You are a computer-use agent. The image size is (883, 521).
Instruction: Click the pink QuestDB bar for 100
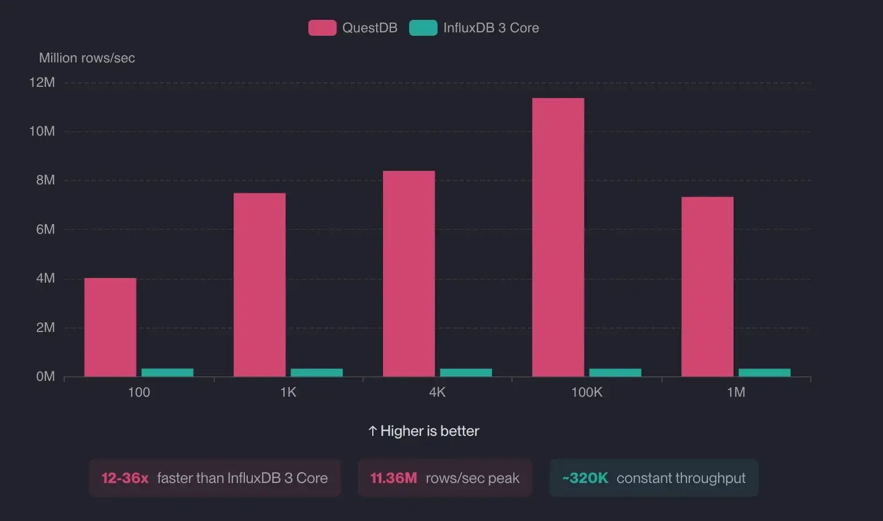pos(110,327)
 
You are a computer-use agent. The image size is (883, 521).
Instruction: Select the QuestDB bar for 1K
pos(260,284)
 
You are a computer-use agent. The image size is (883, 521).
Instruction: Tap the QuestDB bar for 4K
pos(409,274)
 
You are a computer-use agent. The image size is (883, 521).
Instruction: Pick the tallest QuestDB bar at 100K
pos(558,237)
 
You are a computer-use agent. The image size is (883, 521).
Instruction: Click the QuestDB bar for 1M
pos(707,287)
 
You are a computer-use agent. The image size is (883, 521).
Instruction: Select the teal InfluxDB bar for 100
pos(168,373)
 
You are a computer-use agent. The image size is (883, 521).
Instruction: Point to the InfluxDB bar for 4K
pos(466,373)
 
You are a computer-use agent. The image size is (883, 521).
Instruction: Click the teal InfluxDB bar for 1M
pos(764,373)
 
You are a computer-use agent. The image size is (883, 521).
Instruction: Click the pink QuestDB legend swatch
pos(322,28)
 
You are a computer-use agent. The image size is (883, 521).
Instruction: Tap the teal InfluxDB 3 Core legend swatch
pos(423,28)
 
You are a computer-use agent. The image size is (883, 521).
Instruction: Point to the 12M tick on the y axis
pos(42,82)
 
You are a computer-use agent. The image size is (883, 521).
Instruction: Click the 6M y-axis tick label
pos(45,229)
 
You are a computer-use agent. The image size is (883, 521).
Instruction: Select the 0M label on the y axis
pos(45,376)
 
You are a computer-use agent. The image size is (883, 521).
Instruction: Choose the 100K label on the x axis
pos(586,392)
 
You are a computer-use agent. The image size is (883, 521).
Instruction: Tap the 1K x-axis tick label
pos(288,392)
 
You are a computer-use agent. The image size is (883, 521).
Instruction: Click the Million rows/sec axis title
pos(87,58)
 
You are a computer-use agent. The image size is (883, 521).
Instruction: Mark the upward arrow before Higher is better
pos(373,431)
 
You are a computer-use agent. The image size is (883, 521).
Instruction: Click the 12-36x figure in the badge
pos(125,478)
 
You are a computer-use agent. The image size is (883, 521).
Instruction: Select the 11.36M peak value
pos(393,478)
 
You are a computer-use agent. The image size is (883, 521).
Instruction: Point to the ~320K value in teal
pos(585,478)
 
